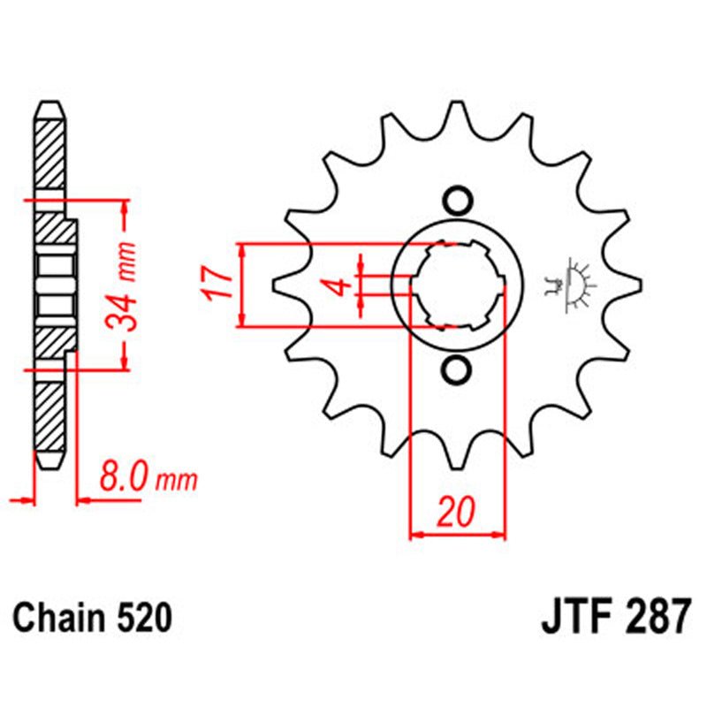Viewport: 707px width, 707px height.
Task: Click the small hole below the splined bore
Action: pyautogui.click(x=457, y=371)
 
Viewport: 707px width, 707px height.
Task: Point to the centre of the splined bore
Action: pyautogui.click(x=457, y=285)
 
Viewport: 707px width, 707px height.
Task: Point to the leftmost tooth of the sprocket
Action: pyautogui.click(x=285, y=285)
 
